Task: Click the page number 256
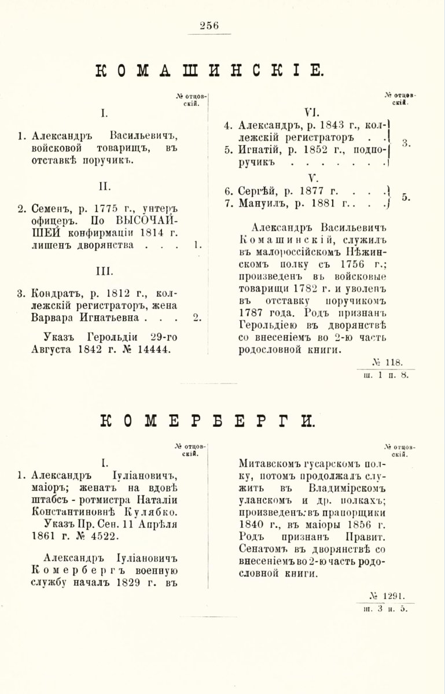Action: (209, 25)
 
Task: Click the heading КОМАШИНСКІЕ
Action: (208, 71)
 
